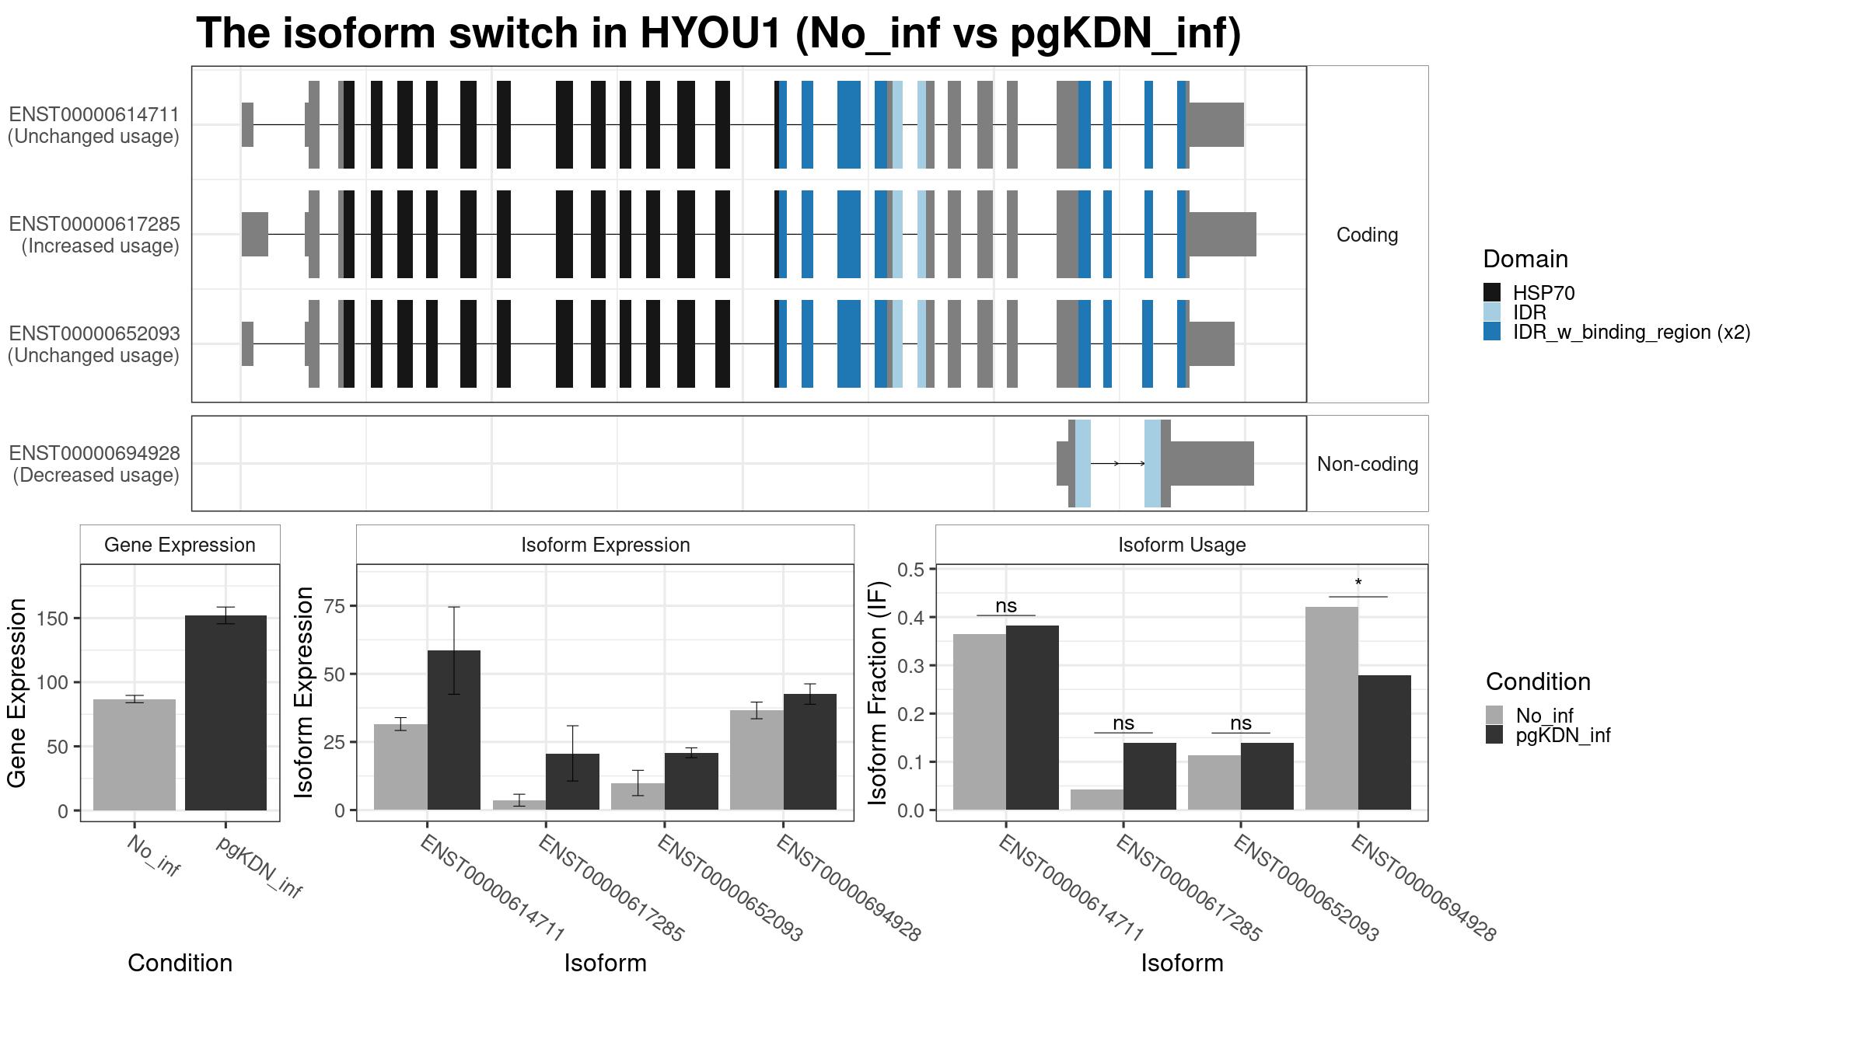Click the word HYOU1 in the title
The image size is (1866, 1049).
coord(710,34)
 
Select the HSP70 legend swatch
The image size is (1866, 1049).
coord(1492,293)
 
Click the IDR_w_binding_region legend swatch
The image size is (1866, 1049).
coord(1492,332)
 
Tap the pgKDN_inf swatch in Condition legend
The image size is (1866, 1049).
coord(1494,735)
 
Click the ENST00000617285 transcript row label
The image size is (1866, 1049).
coord(94,235)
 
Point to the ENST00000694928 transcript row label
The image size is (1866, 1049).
coord(94,464)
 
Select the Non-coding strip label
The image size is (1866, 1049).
coord(1367,464)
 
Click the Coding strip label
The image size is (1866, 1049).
coord(1367,235)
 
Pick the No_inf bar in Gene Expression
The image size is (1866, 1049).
coord(135,755)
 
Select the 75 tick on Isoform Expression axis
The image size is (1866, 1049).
coord(334,606)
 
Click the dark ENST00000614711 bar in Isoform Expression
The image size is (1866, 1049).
coord(454,730)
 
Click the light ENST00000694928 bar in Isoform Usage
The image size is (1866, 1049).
coord(1332,708)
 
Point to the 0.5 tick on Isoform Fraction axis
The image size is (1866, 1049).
coord(910,570)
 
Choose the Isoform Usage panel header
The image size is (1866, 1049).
coord(1182,545)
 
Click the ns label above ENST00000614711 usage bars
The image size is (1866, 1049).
coord(1006,606)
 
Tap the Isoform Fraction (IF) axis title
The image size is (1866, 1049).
coord(878,692)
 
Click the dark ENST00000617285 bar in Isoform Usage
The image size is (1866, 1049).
coord(1150,776)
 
